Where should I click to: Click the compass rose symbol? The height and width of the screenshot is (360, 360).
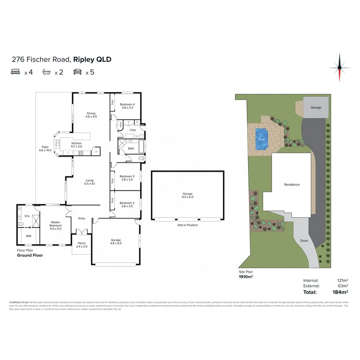(340, 67)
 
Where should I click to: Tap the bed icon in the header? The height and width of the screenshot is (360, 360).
(16, 72)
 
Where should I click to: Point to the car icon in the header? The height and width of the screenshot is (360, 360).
(77, 72)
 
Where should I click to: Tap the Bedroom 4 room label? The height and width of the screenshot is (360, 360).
(128, 106)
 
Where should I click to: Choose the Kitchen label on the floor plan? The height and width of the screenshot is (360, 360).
(76, 145)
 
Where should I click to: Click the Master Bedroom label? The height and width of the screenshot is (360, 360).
(55, 226)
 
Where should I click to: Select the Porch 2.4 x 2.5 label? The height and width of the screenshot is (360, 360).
(82, 245)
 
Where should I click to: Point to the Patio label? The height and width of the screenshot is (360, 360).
(45, 148)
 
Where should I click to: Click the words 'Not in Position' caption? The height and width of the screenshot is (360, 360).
(188, 225)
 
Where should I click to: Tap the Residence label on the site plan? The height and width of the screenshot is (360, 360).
(292, 184)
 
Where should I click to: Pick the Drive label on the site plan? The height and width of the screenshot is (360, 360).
(304, 240)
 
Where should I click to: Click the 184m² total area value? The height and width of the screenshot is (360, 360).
(341, 292)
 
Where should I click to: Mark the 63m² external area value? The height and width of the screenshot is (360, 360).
(343, 286)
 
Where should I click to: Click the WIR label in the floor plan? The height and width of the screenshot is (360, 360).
(28, 236)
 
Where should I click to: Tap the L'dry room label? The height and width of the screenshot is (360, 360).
(133, 130)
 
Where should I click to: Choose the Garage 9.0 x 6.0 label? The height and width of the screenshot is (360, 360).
(188, 196)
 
